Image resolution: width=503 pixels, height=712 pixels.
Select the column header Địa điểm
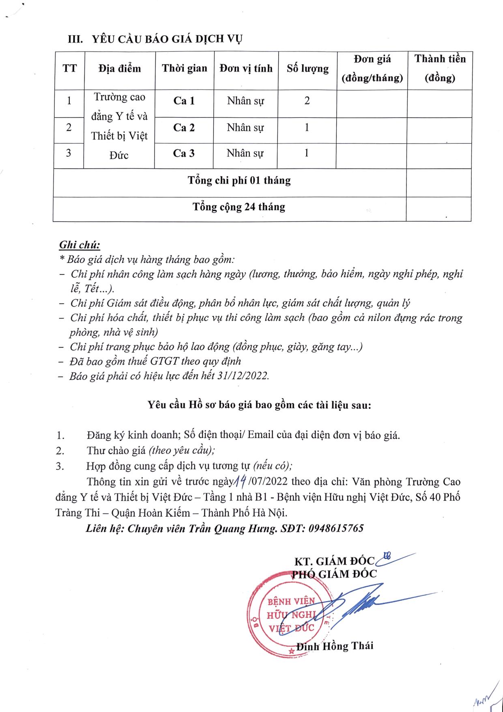(x=120, y=68)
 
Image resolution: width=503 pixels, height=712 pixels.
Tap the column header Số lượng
(x=307, y=68)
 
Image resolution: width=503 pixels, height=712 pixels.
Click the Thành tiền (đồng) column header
(x=440, y=68)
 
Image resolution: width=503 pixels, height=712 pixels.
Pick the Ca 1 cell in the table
(x=184, y=101)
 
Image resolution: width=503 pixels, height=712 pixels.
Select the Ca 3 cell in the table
(x=184, y=153)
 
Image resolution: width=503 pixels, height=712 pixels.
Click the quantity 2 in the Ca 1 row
(x=307, y=101)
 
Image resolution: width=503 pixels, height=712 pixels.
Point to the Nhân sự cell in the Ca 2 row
(x=245, y=127)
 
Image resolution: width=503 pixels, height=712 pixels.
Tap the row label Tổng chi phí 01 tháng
(x=239, y=180)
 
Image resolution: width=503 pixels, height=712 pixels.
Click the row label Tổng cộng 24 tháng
(x=239, y=207)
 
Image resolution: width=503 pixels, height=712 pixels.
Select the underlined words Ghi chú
(x=80, y=245)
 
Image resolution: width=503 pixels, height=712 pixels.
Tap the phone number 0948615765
(x=336, y=528)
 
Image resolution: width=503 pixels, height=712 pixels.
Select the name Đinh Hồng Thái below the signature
(x=335, y=645)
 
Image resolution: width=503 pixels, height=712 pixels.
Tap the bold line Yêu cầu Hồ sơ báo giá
(x=259, y=405)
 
